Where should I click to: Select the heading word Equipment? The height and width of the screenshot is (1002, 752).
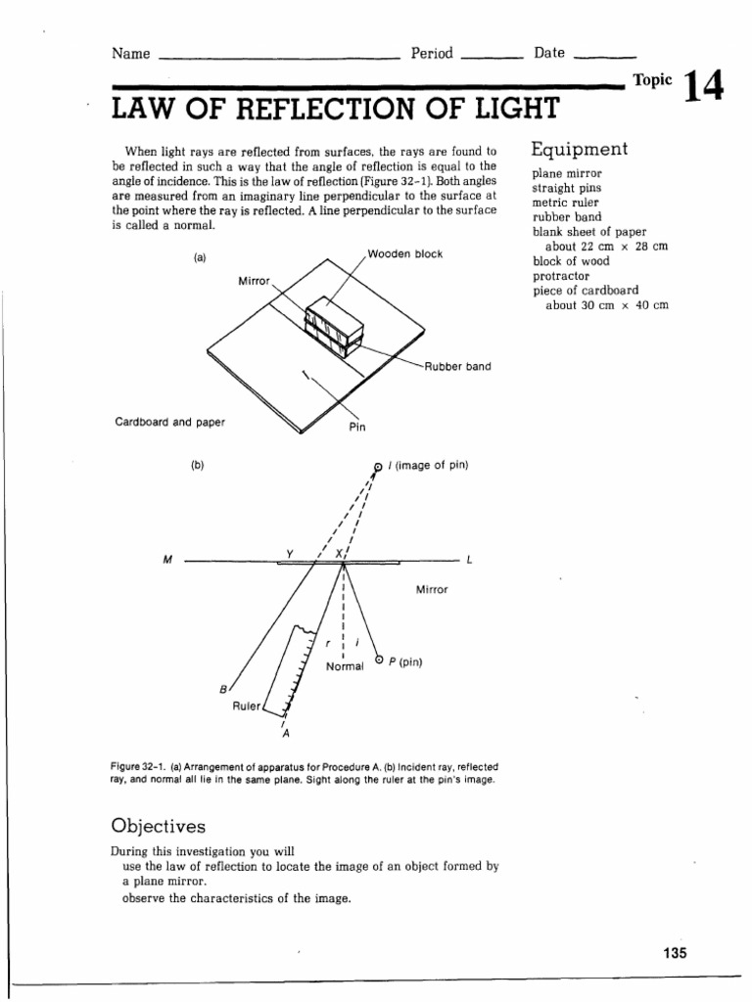click(x=579, y=150)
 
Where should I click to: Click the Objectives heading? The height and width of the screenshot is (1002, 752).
click(x=159, y=826)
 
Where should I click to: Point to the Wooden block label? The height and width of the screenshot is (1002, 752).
click(x=405, y=254)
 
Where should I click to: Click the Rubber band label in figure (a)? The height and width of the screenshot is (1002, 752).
click(x=458, y=367)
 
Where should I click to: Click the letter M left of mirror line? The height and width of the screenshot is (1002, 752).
click(x=167, y=561)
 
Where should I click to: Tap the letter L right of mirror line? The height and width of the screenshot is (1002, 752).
click(x=470, y=561)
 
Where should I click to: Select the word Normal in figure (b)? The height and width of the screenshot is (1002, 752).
click(x=345, y=666)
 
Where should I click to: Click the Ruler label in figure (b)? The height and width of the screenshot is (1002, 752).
click(x=246, y=706)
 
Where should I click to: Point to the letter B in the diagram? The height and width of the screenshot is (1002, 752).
click(x=223, y=689)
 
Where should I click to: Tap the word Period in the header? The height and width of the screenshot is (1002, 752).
click(x=432, y=54)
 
